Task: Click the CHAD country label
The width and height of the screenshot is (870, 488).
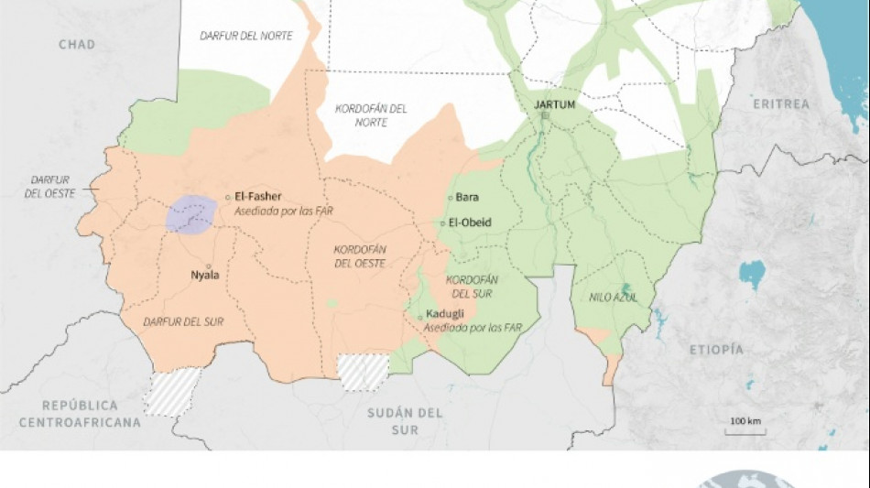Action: tap(77, 44)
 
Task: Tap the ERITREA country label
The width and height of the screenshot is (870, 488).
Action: tap(781, 104)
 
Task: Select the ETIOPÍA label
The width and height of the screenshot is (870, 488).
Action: tap(715, 350)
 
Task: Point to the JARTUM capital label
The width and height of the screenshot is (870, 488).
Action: tap(554, 104)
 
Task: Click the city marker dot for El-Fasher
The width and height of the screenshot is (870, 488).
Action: tap(228, 196)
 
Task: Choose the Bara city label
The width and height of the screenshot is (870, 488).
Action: tap(467, 197)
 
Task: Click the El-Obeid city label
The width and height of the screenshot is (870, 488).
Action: tap(471, 222)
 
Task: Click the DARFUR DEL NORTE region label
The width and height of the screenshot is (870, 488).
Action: tap(246, 35)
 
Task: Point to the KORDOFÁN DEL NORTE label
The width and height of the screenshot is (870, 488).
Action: tap(371, 114)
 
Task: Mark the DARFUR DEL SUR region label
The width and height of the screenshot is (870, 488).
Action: tap(184, 321)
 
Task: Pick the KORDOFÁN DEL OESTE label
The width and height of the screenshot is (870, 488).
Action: tap(360, 256)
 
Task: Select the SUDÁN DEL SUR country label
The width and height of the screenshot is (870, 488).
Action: tap(405, 421)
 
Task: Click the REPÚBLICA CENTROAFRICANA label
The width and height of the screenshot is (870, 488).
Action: tap(81, 414)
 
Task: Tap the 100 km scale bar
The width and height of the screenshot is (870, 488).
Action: tap(746, 429)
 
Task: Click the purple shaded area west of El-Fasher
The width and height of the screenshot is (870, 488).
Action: tap(192, 215)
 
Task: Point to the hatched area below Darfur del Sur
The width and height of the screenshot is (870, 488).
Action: tap(174, 392)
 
